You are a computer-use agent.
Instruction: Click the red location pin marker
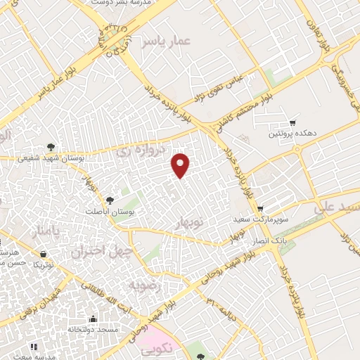[x=181, y=165]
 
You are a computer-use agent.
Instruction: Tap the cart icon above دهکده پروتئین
[x=292, y=122]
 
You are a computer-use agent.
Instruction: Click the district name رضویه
[x=145, y=286]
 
